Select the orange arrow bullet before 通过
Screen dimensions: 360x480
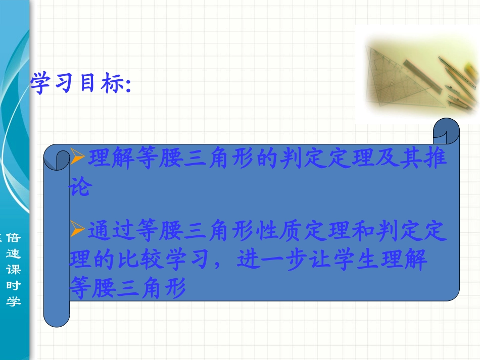[77, 230]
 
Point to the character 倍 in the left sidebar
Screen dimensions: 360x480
[14, 238]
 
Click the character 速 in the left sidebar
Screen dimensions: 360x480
[14, 253]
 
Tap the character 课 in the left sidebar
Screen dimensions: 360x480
[14, 269]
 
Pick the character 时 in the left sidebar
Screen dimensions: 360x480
[14, 285]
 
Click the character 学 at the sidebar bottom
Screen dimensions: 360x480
[14, 301]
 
